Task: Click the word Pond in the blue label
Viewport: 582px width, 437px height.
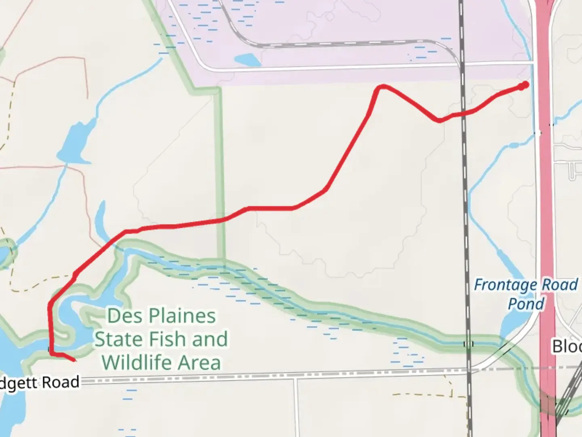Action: click(x=526, y=303)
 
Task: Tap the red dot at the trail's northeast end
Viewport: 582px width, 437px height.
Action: click(x=525, y=85)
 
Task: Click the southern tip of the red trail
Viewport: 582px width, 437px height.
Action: click(x=74, y=360)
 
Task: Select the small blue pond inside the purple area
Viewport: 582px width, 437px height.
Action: click(x=247, y=60)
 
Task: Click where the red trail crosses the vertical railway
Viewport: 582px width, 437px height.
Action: click(x=463, y=114)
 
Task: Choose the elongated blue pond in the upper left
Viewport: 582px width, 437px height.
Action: click(x=73, y=144)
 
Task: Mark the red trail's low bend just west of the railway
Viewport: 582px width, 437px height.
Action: click(x=439, y=120)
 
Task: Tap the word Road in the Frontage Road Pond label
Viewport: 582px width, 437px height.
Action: click(x=560, y=285)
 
